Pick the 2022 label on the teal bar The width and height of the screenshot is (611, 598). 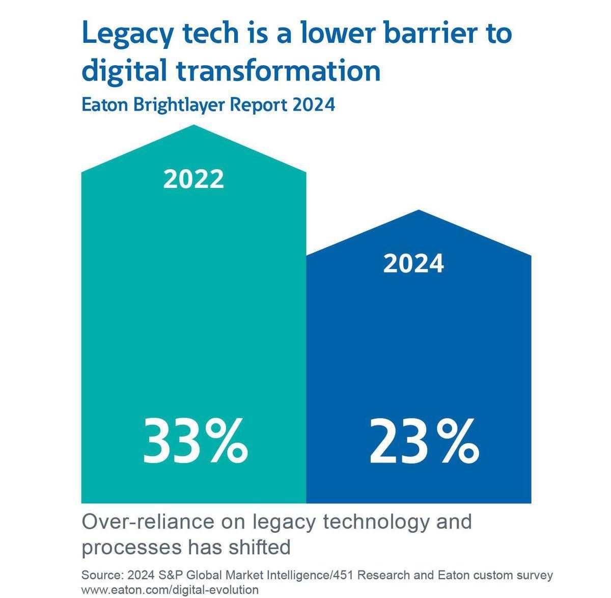pos(193,179)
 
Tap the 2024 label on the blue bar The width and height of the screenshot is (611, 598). pos(413,264)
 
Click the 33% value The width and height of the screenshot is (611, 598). pos(196,441)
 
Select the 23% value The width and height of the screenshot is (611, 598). pos(424,441)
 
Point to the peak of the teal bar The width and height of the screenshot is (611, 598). pos(194,126)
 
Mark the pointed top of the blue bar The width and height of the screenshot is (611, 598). pos(419,210)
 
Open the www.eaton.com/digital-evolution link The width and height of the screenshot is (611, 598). pos(170,590)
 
